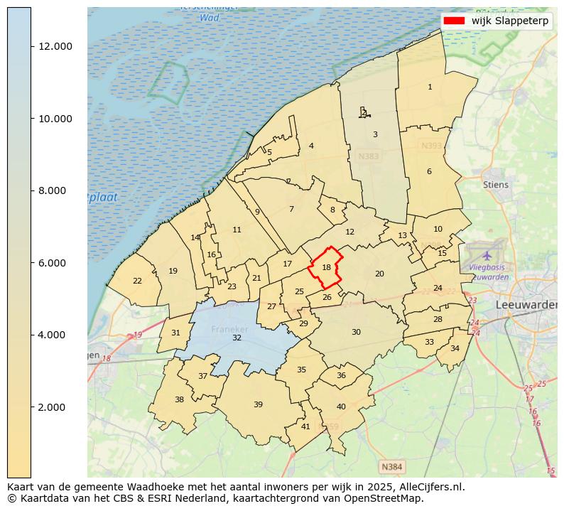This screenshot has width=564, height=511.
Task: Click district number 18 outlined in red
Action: pyautogui.click(x=326, y=267)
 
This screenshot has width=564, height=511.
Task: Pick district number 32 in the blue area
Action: pyautogui.click(x=237, y=338)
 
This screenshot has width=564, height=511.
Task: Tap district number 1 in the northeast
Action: pyautogui.click(x=430, y=87)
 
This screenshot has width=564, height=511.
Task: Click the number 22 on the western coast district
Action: pyautogui.click(x=137, y=281)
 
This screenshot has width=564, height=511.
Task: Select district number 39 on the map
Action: pyautogui.click(x=258, y=404)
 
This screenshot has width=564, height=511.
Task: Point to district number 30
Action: pyautogui.click(x=356, y=332)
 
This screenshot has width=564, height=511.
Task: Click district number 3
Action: pyautogui.click(x=375, y=134)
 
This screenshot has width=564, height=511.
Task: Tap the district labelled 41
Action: pyautogui.click(x=305, y=426)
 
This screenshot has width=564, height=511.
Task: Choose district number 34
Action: pyautogui.click(x=455, y=348)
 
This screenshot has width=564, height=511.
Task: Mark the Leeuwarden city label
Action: pyautogui.click(x=526, y=304)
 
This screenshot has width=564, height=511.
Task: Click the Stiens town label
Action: pyautogui.click(x=496, y=185)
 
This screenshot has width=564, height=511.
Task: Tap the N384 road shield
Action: pyautogui.click(x=391, y=467)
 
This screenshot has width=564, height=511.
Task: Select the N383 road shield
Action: pyautogui.click(x=369, y=156)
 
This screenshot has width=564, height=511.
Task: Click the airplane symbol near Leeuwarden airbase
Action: pyautogui.click(x=487, y=254)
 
